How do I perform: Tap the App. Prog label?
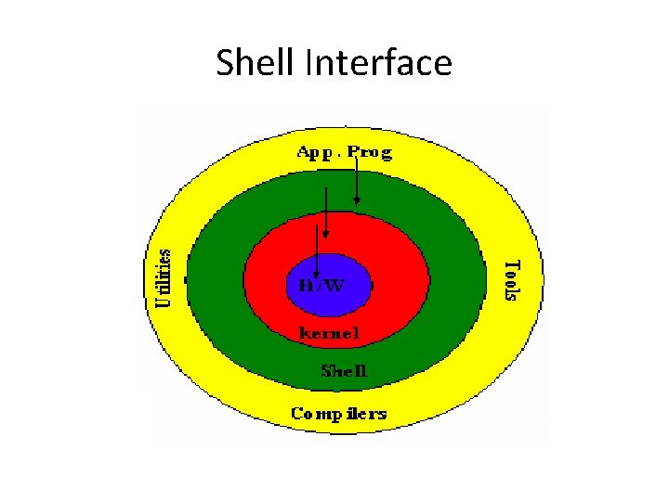point(345,152)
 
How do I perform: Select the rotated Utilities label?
point(164,277)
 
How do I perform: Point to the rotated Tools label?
point(510,279)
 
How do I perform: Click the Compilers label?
point(338,413)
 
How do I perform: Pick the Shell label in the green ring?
point(344,371)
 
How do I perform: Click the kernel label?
point(328,332)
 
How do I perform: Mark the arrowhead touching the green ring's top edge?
point(357,199)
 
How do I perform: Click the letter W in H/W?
point(334,285)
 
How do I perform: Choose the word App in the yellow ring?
point(314,152)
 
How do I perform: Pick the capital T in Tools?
point(510,263)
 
